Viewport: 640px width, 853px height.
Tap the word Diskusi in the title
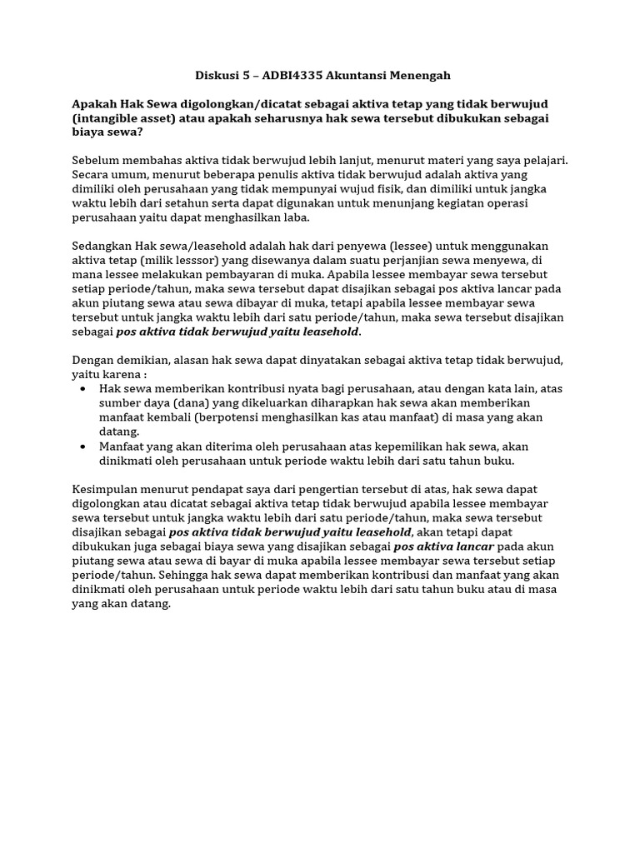click(x=217, y=76)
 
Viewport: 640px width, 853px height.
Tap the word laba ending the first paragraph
click(x=294, y=217)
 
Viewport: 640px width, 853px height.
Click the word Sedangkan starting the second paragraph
click(x=103, y=246)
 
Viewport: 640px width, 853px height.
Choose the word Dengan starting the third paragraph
click(x=92, y=359)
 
